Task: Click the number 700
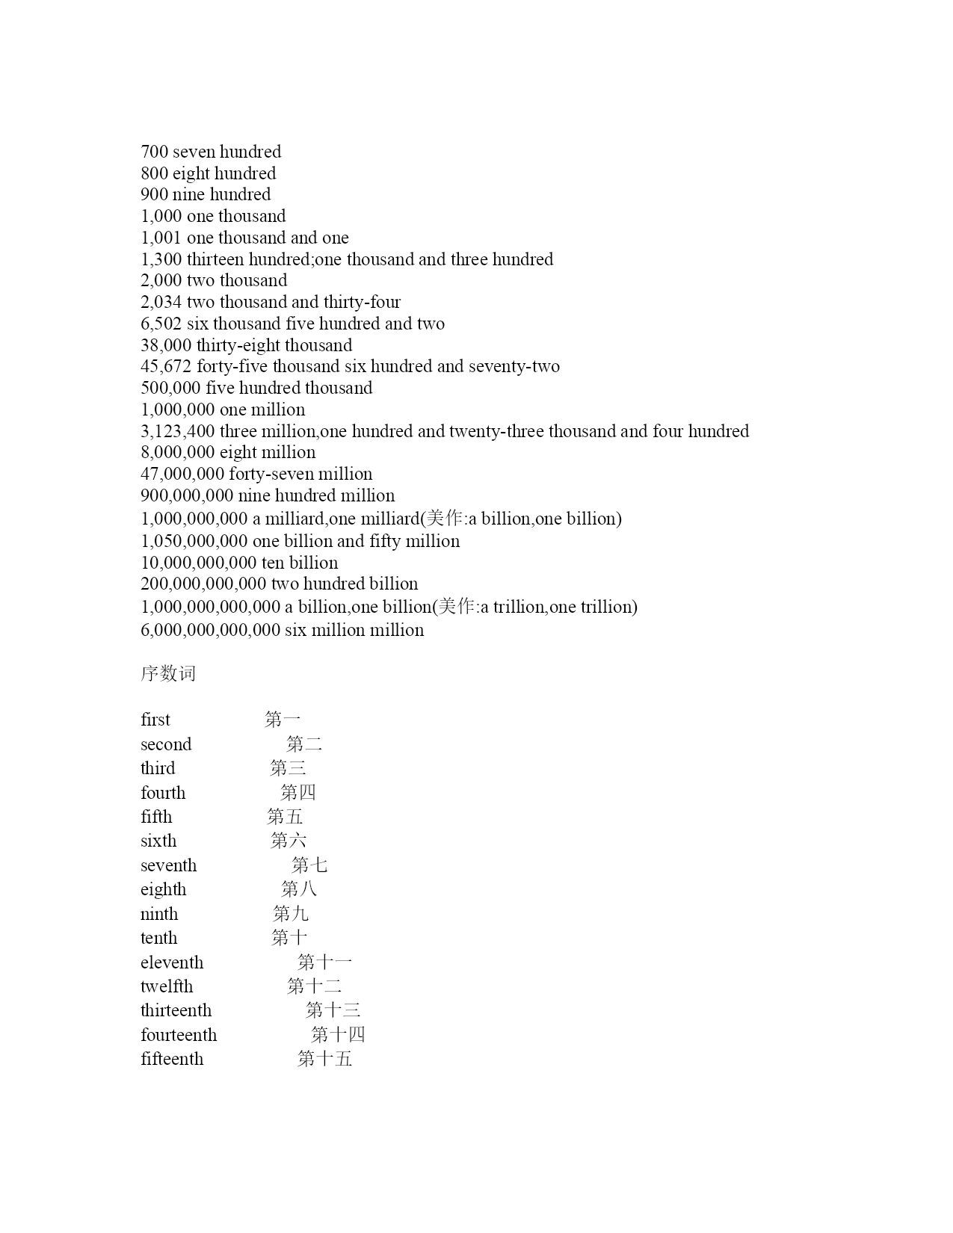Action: click(154, 152)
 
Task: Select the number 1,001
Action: click(161, 238)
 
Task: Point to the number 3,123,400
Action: click(178, 431)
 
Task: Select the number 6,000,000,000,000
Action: click(210, 630)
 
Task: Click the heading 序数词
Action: click(168, 673)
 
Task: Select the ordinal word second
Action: click(166, 744)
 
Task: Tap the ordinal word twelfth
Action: click(167, 986)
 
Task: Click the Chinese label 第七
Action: click(309, 865)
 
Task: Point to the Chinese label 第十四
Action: click(338, 1035)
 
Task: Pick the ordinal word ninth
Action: click(159, 914)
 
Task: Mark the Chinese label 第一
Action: click(283, 720)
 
